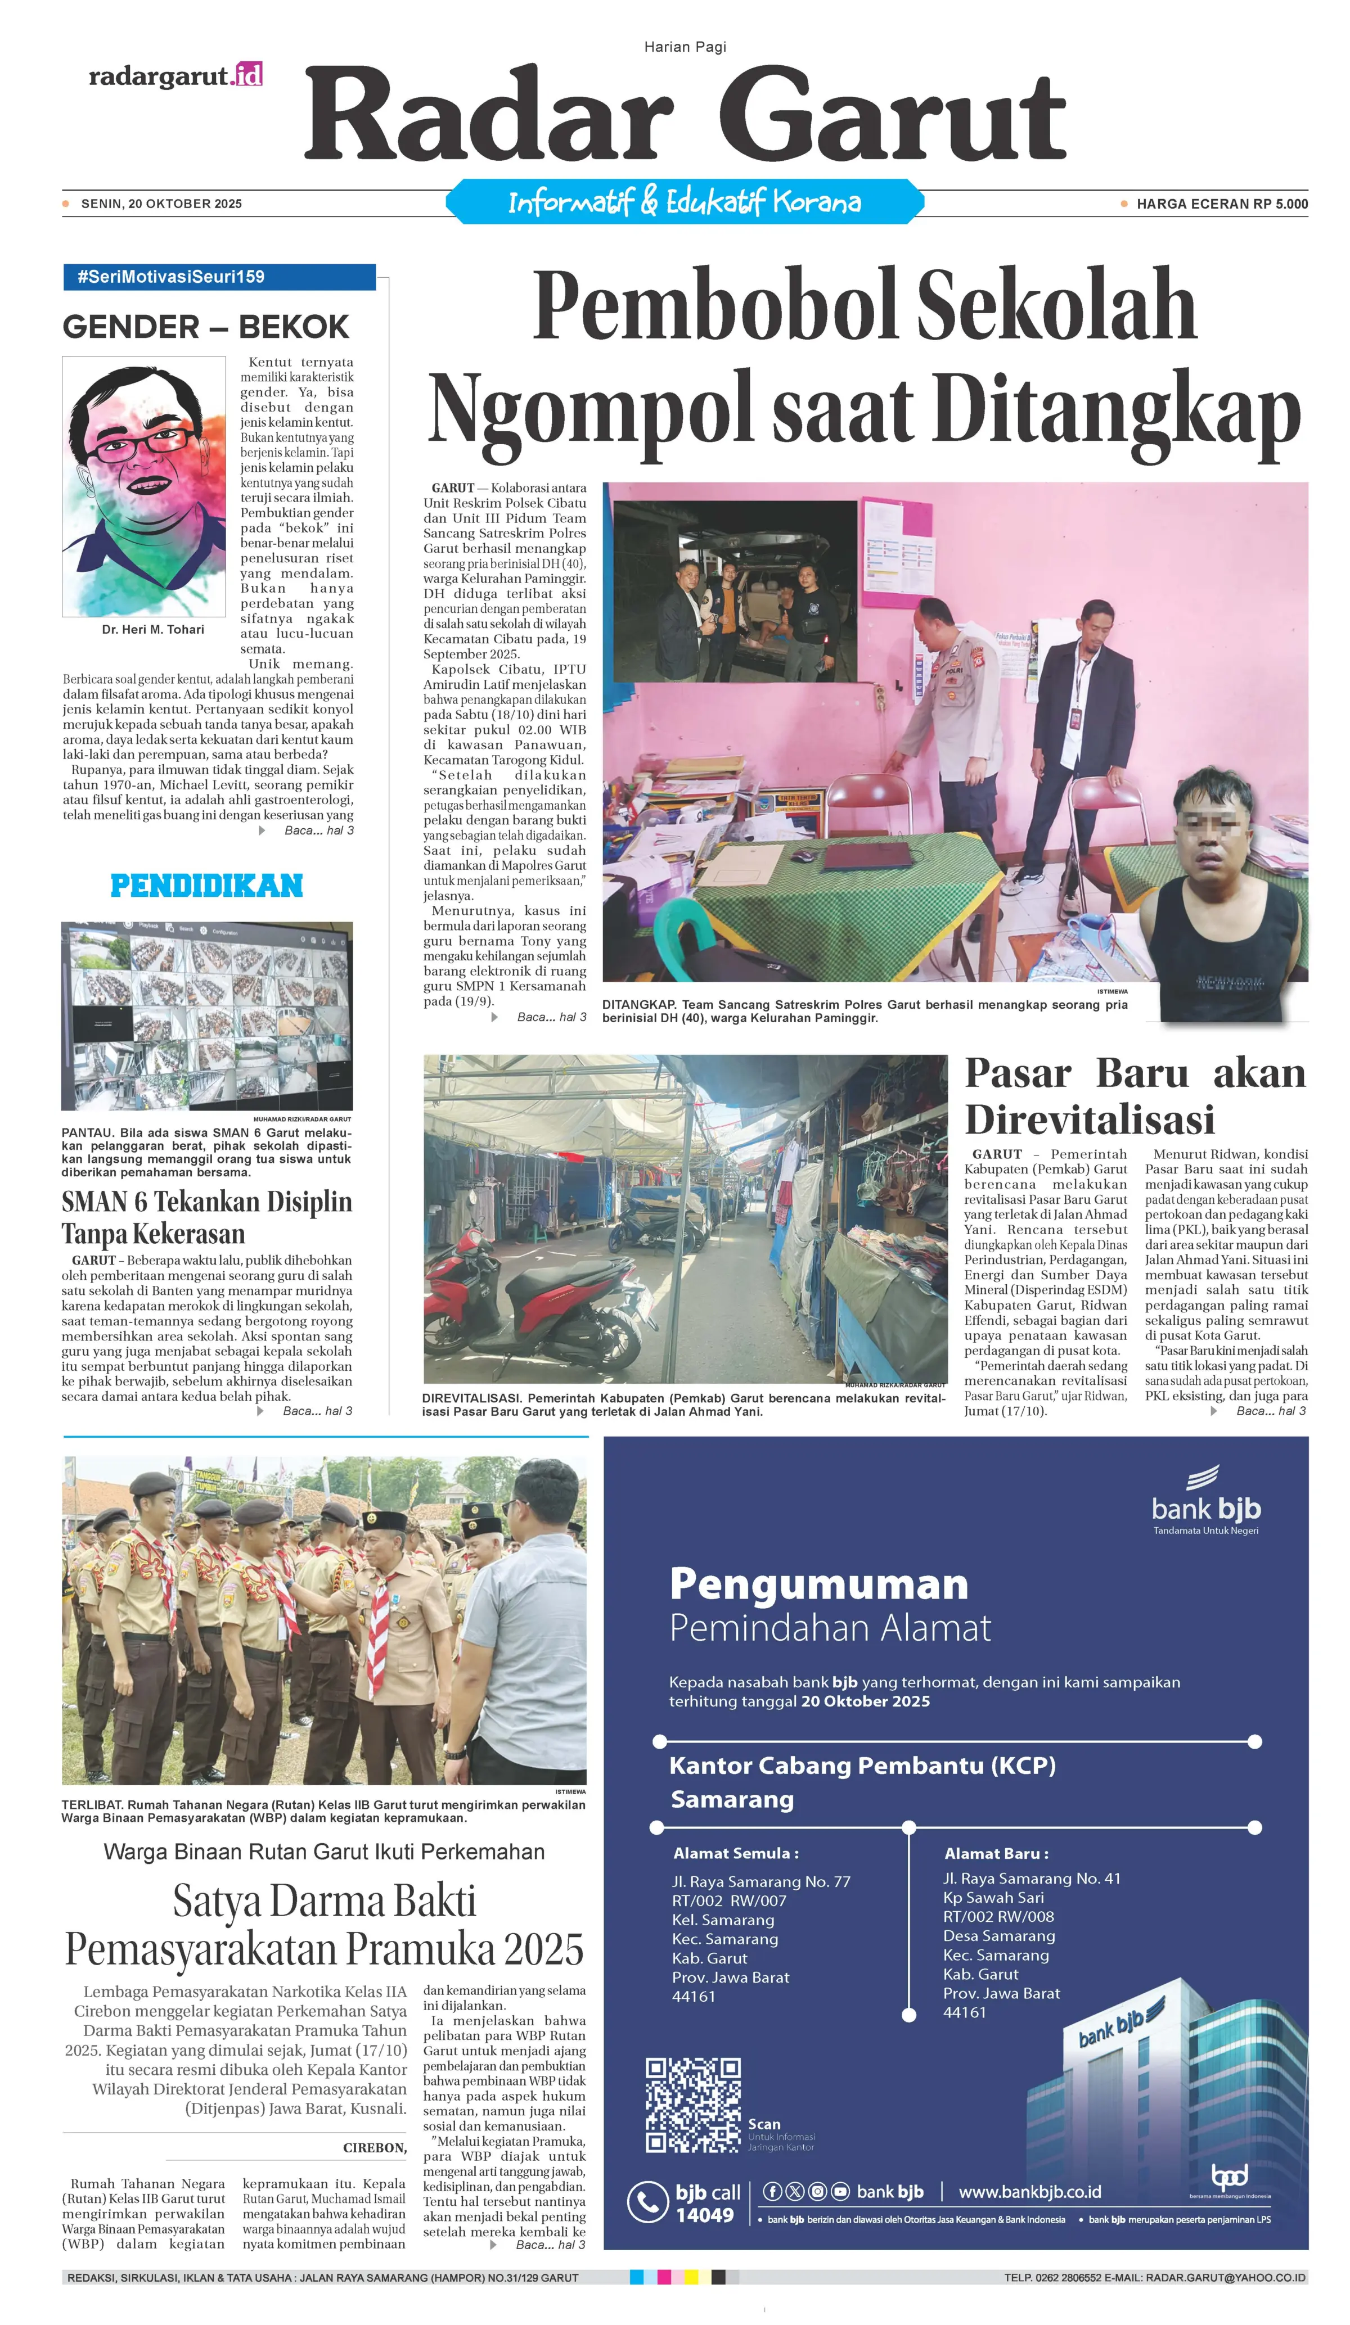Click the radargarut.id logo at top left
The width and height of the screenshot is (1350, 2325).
click(175, 76)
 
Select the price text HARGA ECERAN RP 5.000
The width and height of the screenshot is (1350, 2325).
click(1221, 204)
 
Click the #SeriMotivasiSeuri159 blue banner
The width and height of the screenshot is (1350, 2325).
click(219, 277)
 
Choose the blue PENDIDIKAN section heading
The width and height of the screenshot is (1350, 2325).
click(206, 886)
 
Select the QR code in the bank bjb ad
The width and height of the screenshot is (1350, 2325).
click(692, 2105)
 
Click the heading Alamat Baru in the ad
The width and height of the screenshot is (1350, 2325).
click(996, 1853)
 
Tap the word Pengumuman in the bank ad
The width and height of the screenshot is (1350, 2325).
click(818, 1583)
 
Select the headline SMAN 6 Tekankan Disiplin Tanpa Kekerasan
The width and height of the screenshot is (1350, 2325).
click(206, 1217)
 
